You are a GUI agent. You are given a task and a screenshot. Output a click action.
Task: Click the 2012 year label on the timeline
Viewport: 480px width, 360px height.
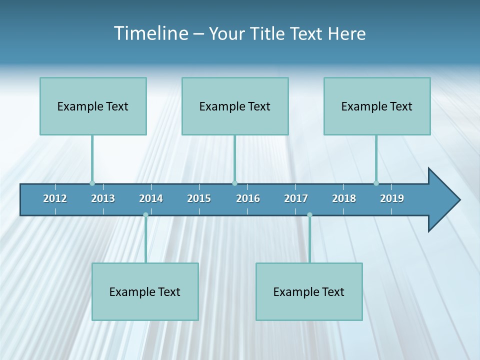pyautogui.click(x=55, y=198)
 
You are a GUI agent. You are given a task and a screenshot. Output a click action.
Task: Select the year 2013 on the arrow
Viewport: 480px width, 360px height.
pyautogui.click(x=103, y=198)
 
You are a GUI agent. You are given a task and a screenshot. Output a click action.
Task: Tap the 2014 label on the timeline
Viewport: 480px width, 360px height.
pyautogui.click(x=151, y=198)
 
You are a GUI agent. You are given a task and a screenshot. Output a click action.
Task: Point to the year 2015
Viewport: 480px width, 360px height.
pyautogui.click(x=199, y=198)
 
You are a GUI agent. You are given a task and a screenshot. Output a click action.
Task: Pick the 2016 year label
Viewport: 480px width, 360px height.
pyautogui.click(x=248, y=198)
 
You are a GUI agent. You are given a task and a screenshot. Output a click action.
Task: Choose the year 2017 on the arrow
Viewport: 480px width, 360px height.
pyautogui.click(x=296, y=198)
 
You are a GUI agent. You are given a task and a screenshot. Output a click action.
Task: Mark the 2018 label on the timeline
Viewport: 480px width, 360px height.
pyautogui.click(x=344, y=198)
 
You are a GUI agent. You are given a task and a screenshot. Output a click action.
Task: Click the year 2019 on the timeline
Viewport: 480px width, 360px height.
pyautogui.click(x=392, y=198)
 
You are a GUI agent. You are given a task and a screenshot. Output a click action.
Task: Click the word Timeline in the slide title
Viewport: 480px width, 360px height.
pyautogui.click(x=150, y=33)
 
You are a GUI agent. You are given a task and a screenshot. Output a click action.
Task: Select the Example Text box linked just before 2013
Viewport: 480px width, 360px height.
pyautogui.click(x=93, y=106)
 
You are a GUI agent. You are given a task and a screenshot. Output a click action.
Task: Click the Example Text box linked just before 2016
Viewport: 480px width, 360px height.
pyautogui.click(x=235, y=106)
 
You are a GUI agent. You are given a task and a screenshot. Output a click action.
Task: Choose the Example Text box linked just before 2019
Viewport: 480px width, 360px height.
pyautogui.click(x=377, y=106)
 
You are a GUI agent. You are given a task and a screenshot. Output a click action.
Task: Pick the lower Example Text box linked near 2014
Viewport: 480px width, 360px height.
pyautogui.click(x=145, y=291)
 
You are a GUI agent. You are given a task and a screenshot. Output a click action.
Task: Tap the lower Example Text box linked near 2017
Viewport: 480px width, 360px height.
pyautogui.click(x=309, y=291)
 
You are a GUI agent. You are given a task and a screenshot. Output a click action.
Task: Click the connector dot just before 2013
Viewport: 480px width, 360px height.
pyautogui.click(x=92, y=183)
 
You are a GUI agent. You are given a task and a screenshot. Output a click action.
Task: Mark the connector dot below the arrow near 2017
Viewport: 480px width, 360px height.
pyautogui.click(x=309, y=215)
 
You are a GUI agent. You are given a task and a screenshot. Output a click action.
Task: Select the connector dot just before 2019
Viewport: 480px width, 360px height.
pyautogui.click(x=376, y=183)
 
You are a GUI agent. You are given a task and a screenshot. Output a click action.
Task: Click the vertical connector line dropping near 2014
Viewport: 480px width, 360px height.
pyautogui.click(x=145, y=240)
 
